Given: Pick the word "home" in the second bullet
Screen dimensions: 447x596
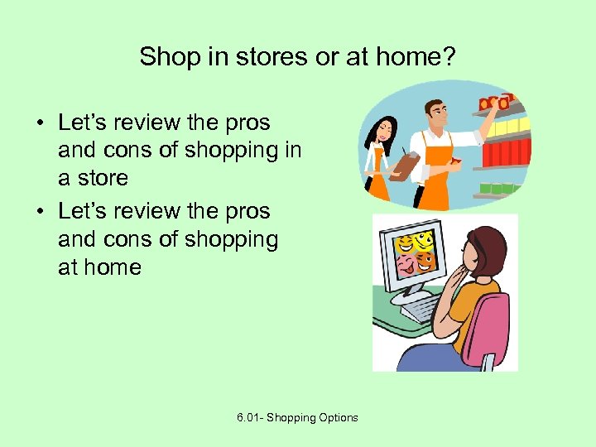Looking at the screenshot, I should point(112,267).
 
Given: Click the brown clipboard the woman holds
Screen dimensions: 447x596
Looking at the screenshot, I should point(405,165).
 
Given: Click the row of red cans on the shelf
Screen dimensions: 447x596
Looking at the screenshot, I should point(504,152).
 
